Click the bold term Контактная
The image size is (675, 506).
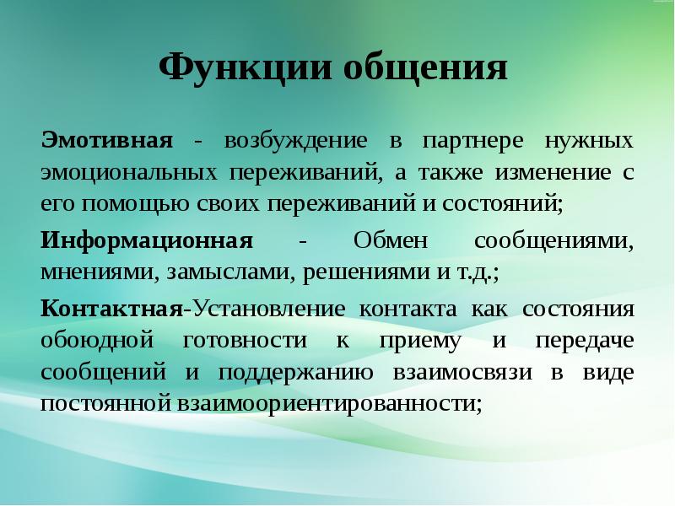point(112,307)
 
